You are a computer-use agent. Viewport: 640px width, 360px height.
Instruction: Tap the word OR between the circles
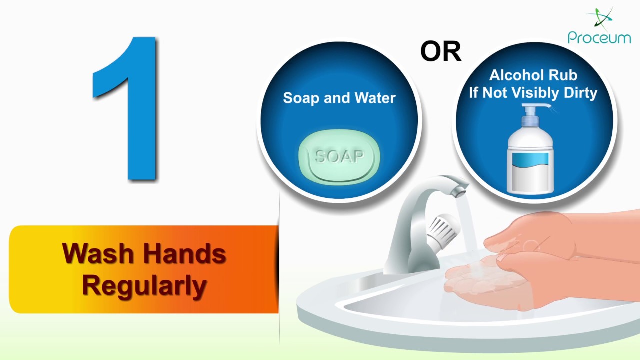tap(440, 51)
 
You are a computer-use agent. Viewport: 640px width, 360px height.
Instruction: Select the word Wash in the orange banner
tap(99, 254)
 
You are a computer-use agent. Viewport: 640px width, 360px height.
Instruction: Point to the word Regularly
tap(144, 286)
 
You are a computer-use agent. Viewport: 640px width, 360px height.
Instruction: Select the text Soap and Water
tap(339, 98)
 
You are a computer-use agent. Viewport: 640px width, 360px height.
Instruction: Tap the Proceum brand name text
tap(599, 37)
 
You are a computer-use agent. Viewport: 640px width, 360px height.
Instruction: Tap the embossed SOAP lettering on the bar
tap(339, 157)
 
